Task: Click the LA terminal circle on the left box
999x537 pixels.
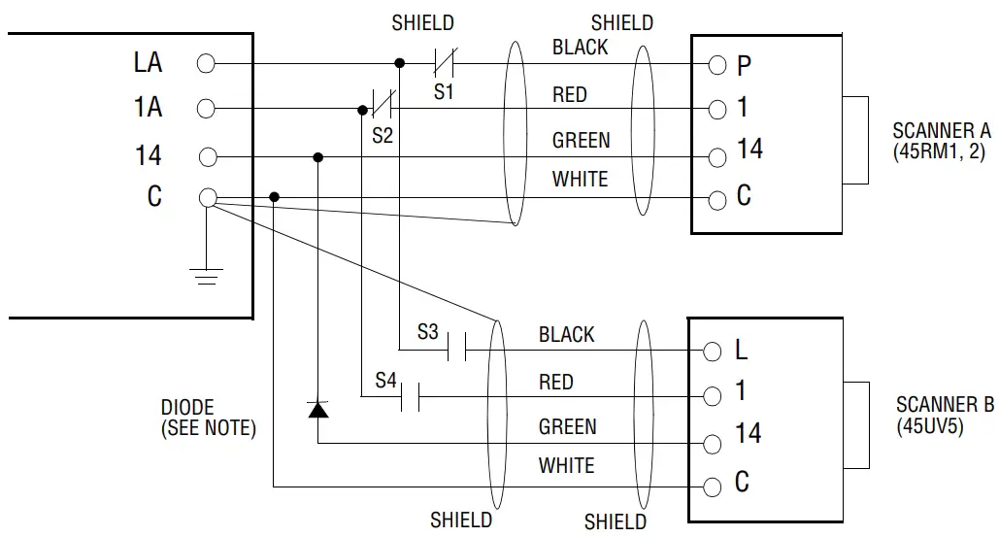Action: coord(206,64)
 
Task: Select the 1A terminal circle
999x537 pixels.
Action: coord(206,108)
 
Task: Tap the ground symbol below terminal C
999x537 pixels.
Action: coord(207,276)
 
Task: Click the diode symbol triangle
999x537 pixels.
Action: coord(317,409)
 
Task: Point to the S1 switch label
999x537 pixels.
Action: coord(444,92)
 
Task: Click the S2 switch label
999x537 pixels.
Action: coord(383,136)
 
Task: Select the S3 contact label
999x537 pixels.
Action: coord(428,332)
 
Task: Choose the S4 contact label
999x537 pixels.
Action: coord(385,382)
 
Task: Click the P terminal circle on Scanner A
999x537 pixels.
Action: coord(716,65)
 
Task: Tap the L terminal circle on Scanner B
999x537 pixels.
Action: coord(713,351)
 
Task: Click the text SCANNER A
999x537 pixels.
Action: coord(941,131)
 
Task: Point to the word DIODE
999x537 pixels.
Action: coord(187,408)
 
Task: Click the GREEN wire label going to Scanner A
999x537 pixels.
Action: coord(581,141)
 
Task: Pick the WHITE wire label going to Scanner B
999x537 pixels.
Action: coord(566,466)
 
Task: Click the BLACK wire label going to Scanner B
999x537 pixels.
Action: coord(566,335)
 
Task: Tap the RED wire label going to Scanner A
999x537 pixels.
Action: coord(569,95)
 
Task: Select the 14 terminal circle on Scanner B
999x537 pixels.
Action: coord(713,444)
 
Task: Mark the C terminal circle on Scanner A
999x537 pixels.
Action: coord(716,201)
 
